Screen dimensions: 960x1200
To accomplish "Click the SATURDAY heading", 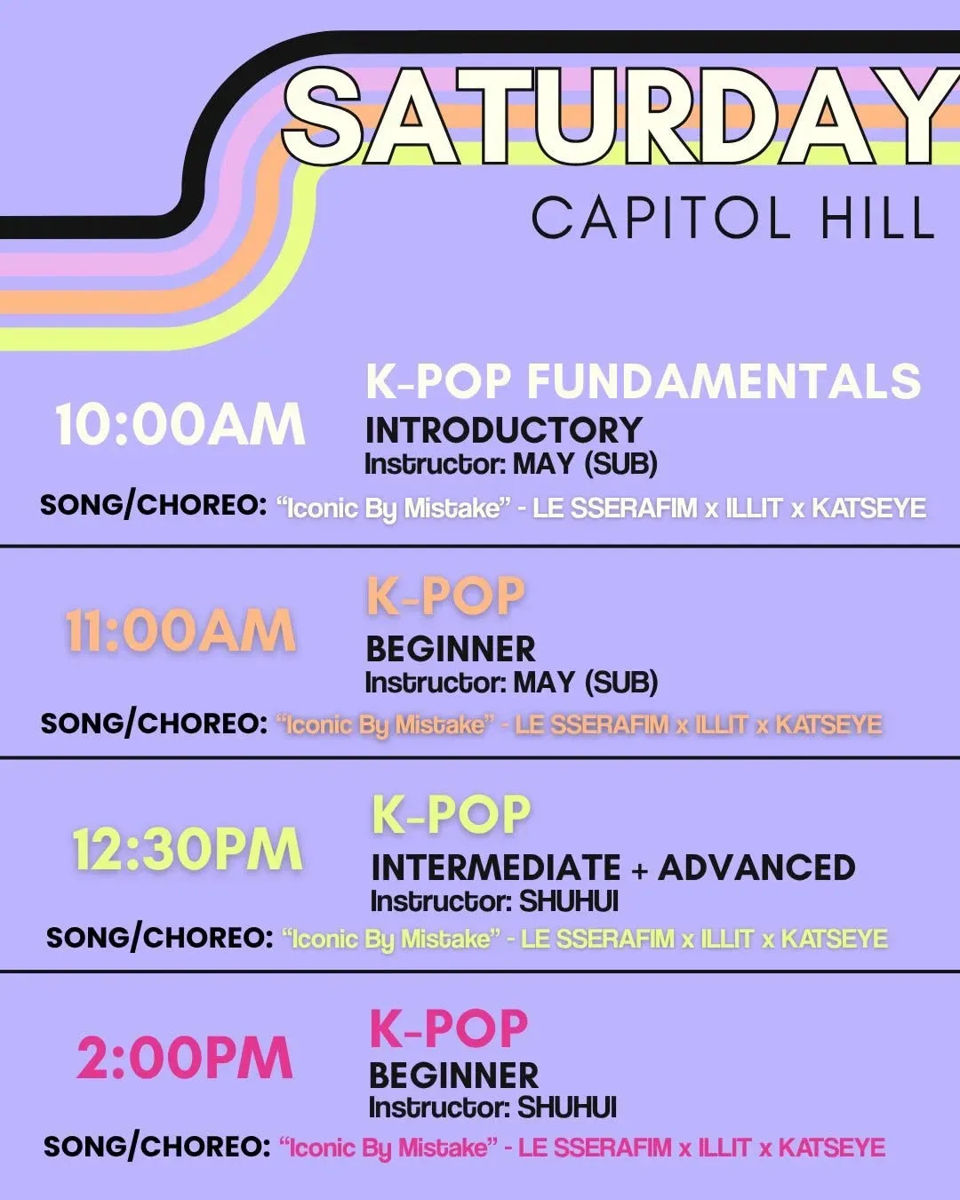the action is (620, 117).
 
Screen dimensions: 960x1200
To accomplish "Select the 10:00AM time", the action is (180, 425).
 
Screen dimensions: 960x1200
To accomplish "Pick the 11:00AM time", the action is (180, 631).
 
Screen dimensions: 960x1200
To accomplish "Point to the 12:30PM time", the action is (188, 849).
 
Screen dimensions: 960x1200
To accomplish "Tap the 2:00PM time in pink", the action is (185, 1058).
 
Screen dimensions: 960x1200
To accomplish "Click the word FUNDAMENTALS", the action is (724, 381).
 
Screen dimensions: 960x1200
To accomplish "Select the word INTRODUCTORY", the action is (504, 430).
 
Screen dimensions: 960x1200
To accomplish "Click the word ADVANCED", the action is (756, 867).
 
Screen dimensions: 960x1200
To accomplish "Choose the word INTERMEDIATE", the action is (496, 867).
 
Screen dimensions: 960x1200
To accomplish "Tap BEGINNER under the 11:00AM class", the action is (451, 649).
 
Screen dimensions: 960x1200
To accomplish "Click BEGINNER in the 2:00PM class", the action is (454, 1076).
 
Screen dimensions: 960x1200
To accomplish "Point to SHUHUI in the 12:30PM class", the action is (568, 901).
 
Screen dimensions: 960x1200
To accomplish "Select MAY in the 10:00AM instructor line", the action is (543, 464).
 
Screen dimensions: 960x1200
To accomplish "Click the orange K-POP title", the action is (445, 596).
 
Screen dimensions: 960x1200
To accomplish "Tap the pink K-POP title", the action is (449, 1028).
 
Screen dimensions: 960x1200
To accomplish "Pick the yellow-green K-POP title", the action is (452, 814).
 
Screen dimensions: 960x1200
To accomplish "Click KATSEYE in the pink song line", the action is (832, 1147).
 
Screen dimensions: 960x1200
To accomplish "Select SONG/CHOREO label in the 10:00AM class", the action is (154, 507).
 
